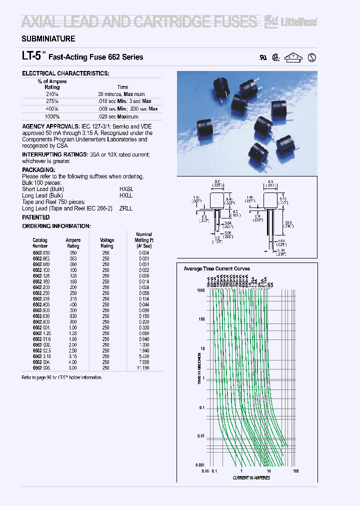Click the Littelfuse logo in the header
point(298,21)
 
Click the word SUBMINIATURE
point(48,39)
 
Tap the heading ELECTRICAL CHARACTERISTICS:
point(65,73)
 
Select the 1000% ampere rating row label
point(51,116)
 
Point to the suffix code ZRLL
point(126,208)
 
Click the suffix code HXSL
point(126,189)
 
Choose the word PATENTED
point(36,217)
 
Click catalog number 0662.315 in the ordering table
point(41,299)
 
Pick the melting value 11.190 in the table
point(144,367)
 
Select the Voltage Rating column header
point(107,243)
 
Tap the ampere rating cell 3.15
point(73,356)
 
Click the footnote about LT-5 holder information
point(62,377)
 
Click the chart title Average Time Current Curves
point(216,269)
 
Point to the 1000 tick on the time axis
point(201,290)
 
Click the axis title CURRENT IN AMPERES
point(251,478)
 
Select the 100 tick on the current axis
point(295,470)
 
